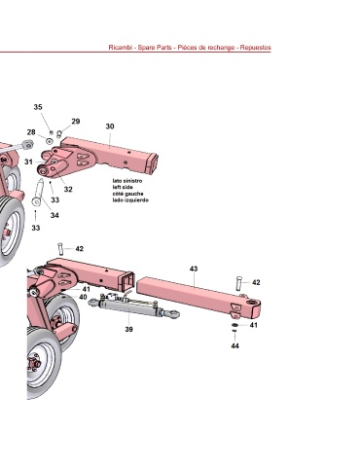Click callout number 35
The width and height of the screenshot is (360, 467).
pyautogui.click(x=38, y=107)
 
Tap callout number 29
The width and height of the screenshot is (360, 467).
pyautogui.click(x=76, y=122)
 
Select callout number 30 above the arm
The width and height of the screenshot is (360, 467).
pyautogui.click(x=110, y=126)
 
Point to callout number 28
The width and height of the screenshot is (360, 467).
pyautogui.click(x=31, y=132)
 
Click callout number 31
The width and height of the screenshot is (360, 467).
pyautogui.click(x=28, y=162)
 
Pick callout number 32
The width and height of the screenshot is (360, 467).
pyautogui.click(x=68, y=189)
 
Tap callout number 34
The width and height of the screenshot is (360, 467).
pyautogui.click(x=54, y=215)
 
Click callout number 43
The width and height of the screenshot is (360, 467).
pyautogui.click(x=194, y=269)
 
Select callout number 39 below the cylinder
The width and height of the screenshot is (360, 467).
pyautogui.click(x=128, y=329)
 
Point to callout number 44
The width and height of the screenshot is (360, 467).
pyautogui.click(x=235, y=345)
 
